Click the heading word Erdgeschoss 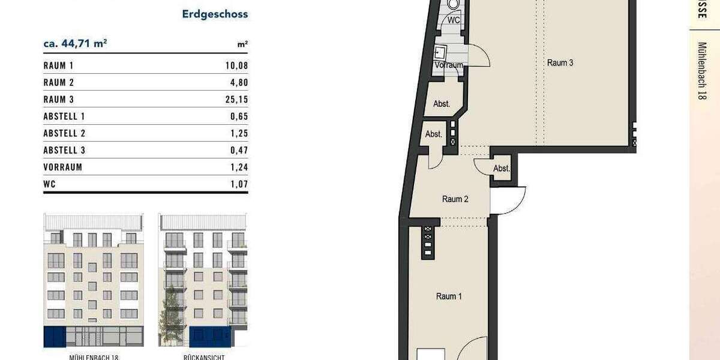point(215,14)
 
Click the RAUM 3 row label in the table point(58,100)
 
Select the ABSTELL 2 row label point(65,133)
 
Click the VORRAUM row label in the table point(62,167)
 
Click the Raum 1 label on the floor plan point(449,296)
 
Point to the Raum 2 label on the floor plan point(455,199)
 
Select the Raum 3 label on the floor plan point(560,62)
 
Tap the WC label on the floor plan point(454,20)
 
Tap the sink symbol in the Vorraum point(441,51)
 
